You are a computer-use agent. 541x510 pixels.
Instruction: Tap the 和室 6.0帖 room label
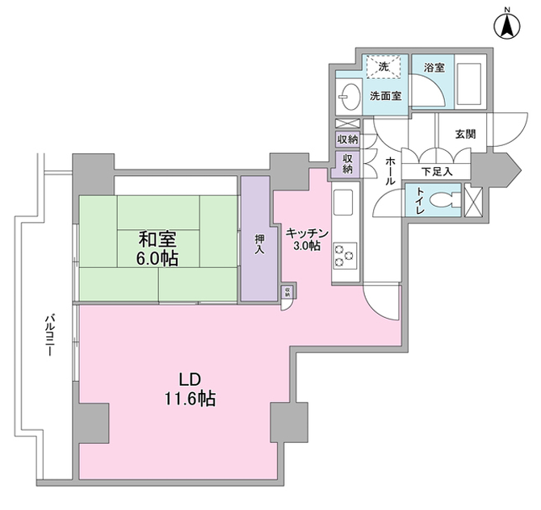[157, 249]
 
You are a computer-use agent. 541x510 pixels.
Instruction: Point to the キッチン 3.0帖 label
[308, 240]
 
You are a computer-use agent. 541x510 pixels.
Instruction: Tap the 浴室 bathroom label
[434, 69]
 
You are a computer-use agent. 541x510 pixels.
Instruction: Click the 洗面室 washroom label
[386, 96]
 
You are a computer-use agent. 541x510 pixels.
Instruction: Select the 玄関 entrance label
[465, 134]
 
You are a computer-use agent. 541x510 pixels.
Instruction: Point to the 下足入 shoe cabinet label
[438, 172]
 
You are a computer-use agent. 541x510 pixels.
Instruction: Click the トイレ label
[420, 202]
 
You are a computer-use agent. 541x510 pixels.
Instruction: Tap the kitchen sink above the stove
[342, 202]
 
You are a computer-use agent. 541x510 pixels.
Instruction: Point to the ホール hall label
[390, 171]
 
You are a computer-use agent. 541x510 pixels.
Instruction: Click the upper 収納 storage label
[348, 140]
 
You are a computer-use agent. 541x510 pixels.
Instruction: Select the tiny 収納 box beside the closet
[286, 292]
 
